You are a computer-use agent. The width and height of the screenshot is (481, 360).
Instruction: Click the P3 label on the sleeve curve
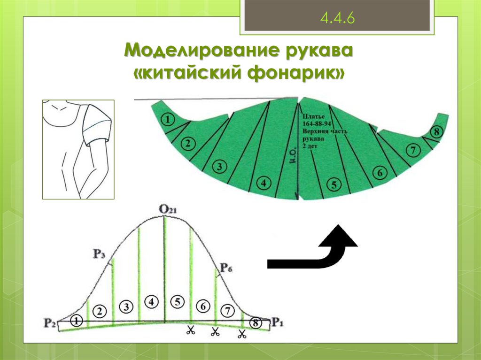pyautogui.click(x=99, y=254)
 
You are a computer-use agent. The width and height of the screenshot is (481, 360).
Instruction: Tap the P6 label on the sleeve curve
pyautogui.click(x=226, y=268)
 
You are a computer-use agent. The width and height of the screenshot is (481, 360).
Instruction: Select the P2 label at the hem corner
pyautogui.click(x=50, y=323)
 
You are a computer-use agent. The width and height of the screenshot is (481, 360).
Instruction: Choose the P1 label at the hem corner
pyautogui.click(x=278, y=323)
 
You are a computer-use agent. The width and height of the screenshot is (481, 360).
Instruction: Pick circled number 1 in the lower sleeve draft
pyautogui.click(x=77, y=321)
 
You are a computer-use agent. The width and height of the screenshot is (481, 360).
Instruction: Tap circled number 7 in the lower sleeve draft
pyautogui.click(x=227, y=310)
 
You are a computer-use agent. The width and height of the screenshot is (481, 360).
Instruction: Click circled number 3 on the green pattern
pyautogui.click(x=218, y=166)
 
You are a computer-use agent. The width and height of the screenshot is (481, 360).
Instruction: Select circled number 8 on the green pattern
pyautogui.click(x=436, y=132)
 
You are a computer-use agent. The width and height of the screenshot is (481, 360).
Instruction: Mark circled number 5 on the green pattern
pyautogui.click(x=334, y=184)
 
